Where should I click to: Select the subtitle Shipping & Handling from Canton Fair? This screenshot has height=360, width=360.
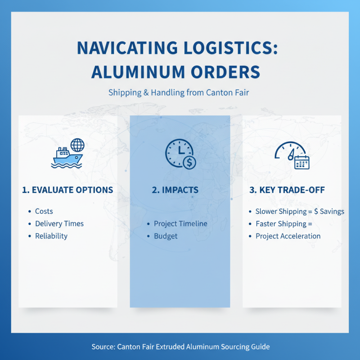click(x=180, y=93)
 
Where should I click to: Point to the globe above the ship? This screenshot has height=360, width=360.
click(x=77, y=145)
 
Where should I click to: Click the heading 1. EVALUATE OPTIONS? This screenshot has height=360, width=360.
click(x=67, y=190)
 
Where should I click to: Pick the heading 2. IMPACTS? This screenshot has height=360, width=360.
click(x=180, y=190)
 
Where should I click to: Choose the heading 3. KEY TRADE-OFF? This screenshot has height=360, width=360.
click(x=287, y=190)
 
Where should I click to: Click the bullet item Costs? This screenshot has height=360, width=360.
click(x=44, y=211)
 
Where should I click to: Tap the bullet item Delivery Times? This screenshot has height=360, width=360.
click(x=59, y=224)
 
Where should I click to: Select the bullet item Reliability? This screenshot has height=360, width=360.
click(x=51, y=236)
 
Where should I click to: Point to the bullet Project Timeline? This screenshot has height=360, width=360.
click(x=180, y=224)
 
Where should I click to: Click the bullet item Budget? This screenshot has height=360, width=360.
click(x=166, y=236)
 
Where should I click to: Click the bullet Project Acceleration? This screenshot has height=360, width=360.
click(x=288, y=236)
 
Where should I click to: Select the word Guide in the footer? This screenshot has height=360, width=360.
click(x=260, y=347)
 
